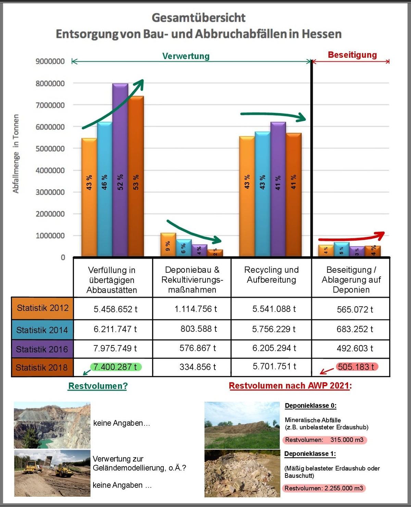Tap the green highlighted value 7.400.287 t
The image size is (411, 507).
click(x=115, y=367)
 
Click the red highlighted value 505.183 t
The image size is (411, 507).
click(x=356, y=367)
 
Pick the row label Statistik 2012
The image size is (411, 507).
click(x=42, y=308)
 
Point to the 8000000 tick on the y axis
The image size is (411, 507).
click(x=50, y=83)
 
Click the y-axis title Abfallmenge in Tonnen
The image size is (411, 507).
click(x=16, y=154)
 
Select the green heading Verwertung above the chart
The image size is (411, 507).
click(x=186, y=56)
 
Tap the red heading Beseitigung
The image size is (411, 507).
click(x=352, y=55)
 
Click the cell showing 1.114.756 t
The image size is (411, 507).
click(x=196, y=309)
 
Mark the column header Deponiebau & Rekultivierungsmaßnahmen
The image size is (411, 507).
click(x=192, y=280)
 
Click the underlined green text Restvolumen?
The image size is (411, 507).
click(x=98, y=386)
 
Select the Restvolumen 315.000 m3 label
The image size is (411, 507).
click(x=324, y=440)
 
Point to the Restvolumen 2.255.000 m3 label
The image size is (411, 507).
click(x=324, y=488)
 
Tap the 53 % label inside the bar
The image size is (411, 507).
click(x=136, y=182)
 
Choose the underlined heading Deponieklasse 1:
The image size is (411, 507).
click(x=310, y=453)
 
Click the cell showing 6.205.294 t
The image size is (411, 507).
click(x=274, y=348)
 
